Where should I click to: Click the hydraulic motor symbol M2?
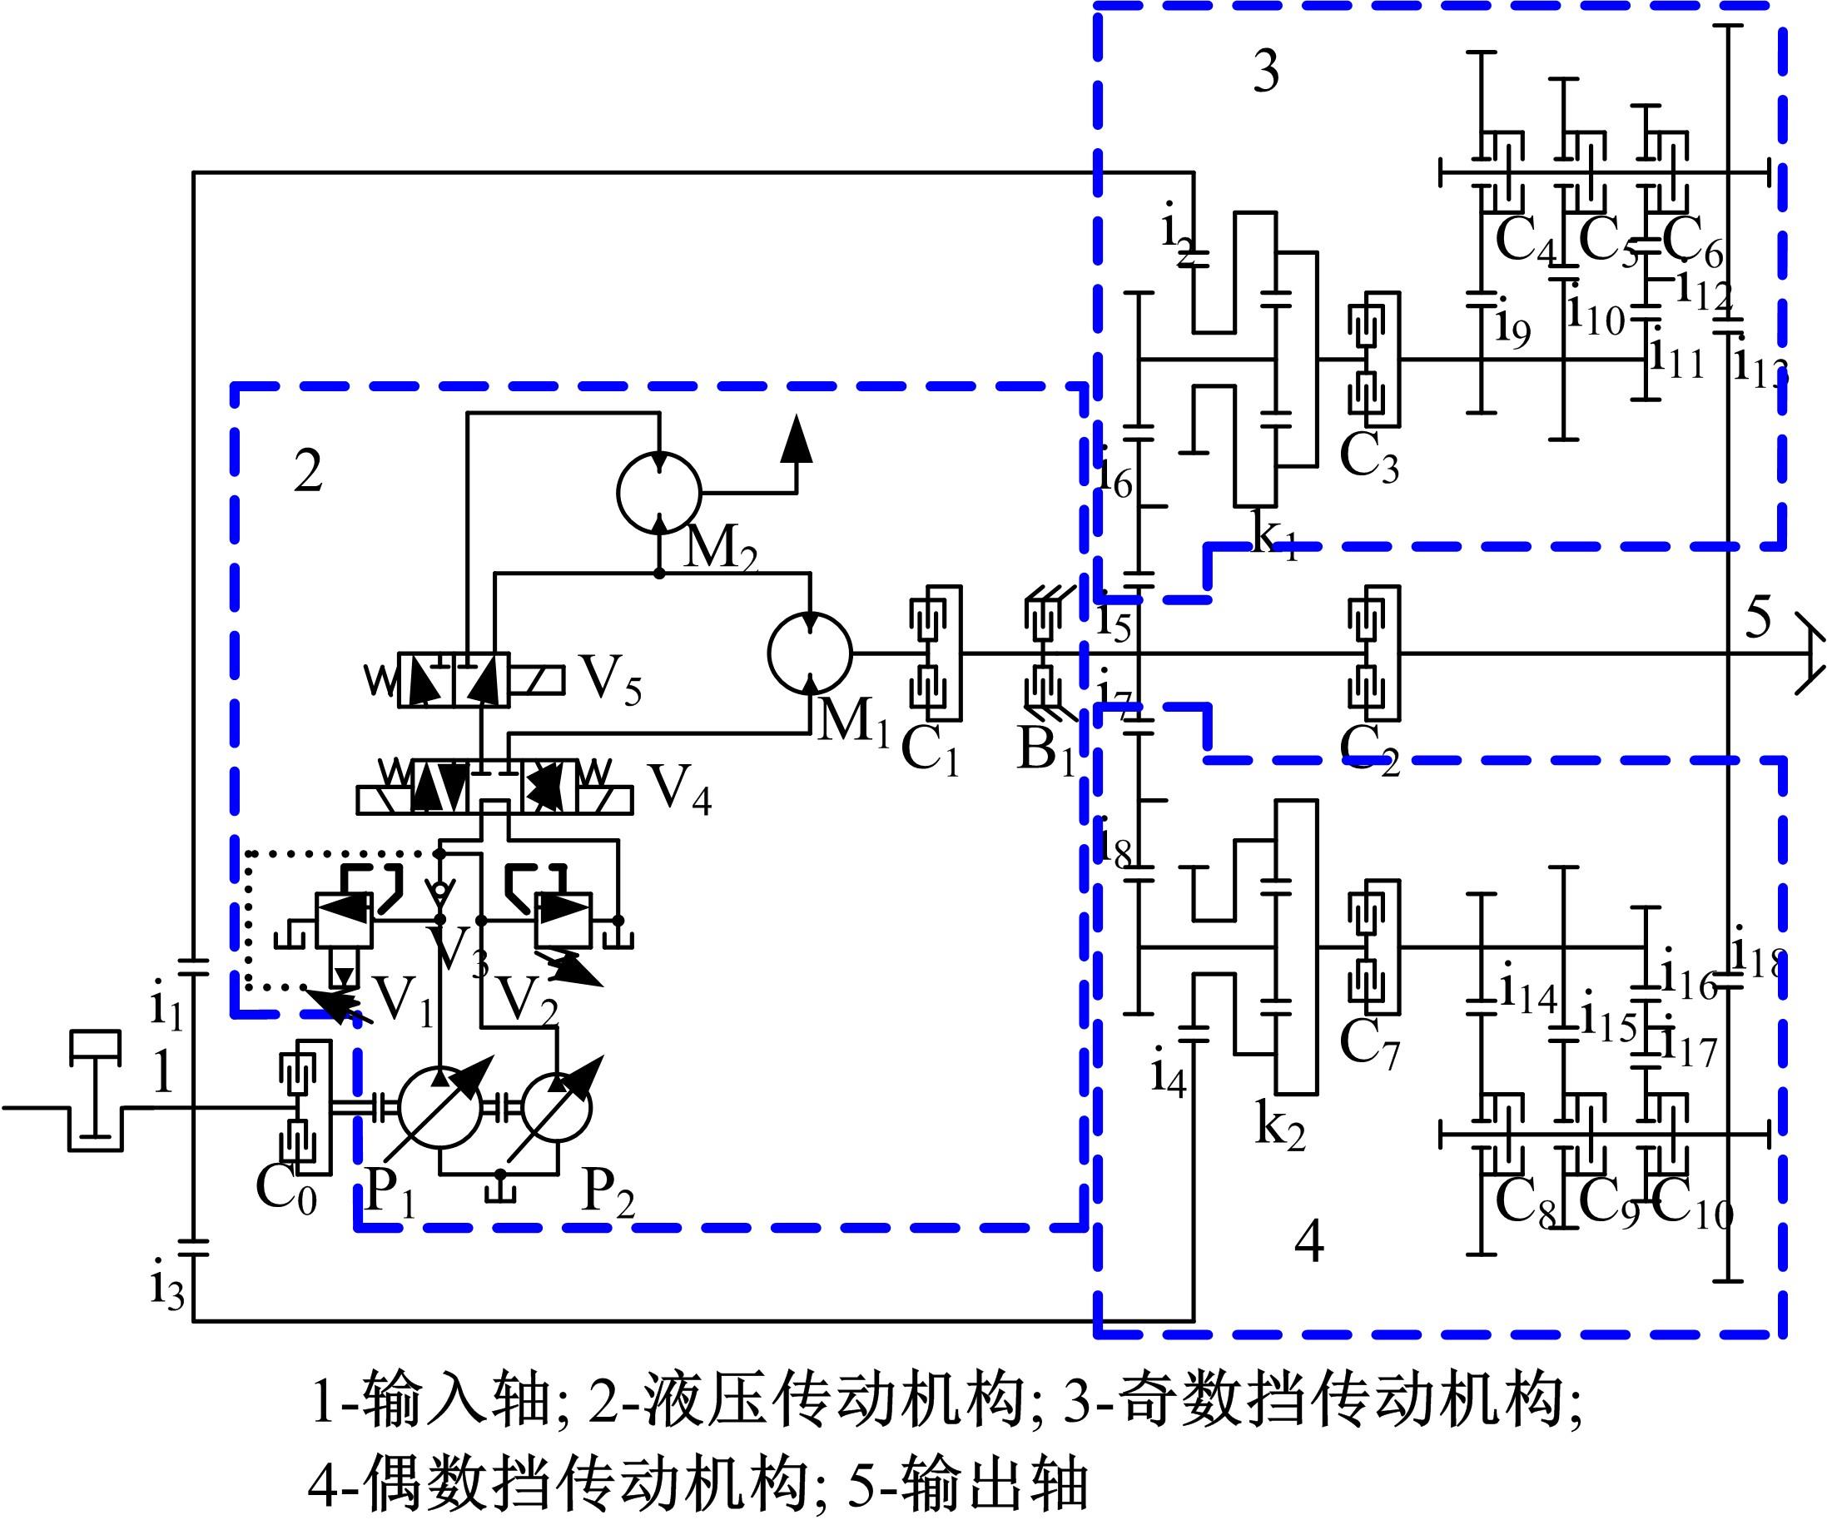[x=658, y=493]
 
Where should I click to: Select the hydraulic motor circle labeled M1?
[x=809, y=653]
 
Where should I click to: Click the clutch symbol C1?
[x=935, y=653]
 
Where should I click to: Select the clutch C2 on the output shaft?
[x=1373, y=653]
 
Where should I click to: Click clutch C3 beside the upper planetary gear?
[x=1373, y=360]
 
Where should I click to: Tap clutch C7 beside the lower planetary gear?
[x=1373, y=947]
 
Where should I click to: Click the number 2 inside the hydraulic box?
[x=308, y=472]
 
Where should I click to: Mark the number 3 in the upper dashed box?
[x=1266, y=72]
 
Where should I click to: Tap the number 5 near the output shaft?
[x=1757, y=618]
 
